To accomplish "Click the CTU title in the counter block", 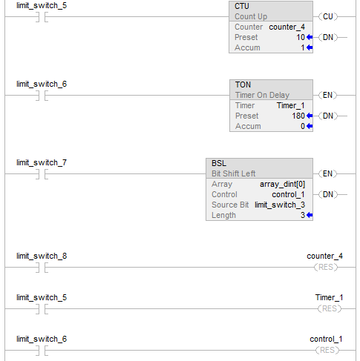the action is (242, 6).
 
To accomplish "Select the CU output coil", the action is (328, 16).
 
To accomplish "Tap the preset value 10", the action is (301, 37).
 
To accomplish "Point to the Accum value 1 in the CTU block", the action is (303, 47).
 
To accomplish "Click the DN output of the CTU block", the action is (328, 37).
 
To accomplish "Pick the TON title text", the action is (243, 85).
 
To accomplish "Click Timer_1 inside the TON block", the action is (290, 105).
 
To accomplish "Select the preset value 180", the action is (298, 116).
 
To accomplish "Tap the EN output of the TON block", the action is (328, 95).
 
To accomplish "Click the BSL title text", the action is (219, 163).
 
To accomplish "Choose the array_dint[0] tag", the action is (282, 184).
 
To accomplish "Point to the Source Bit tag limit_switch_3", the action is (280, 205).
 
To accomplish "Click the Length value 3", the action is (303, 215).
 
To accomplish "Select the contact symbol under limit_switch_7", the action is (42, 174).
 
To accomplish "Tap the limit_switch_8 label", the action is (42, 256).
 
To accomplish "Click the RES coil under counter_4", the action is (326, 267).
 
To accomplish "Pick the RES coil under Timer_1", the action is (330, 308).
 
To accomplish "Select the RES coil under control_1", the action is (327, 350).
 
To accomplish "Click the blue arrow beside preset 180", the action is (310, 116).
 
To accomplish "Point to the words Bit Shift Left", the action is (233, 173).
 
